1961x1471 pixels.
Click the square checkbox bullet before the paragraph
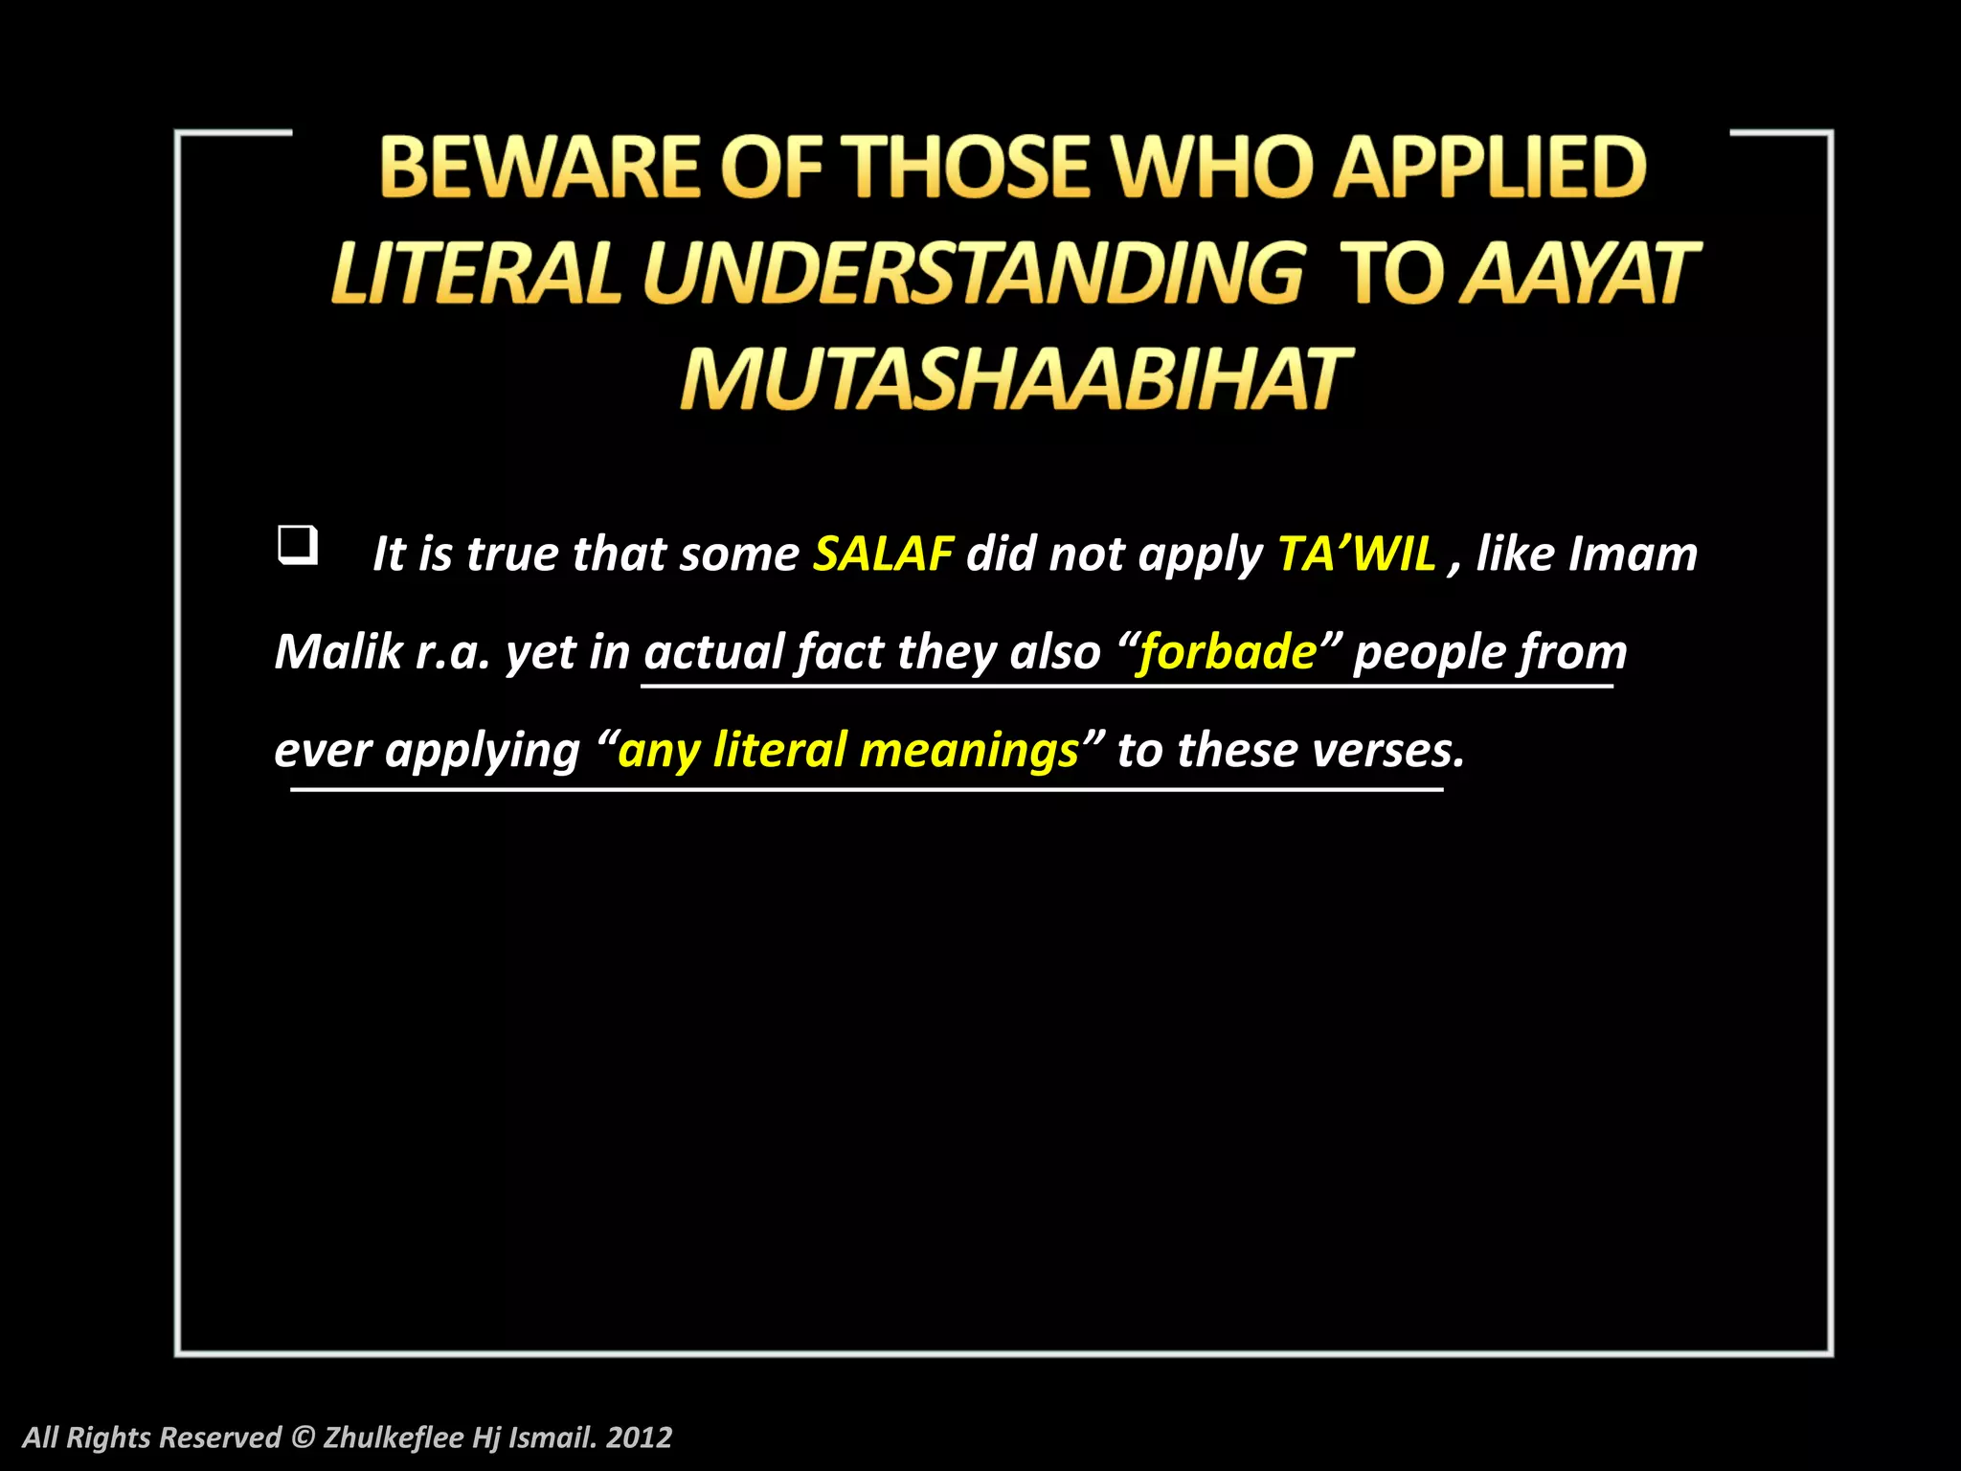297,545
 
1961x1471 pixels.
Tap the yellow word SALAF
883,554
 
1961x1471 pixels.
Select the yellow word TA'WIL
1357,554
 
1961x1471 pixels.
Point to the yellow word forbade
1228,652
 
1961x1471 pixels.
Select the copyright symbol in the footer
303,1437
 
